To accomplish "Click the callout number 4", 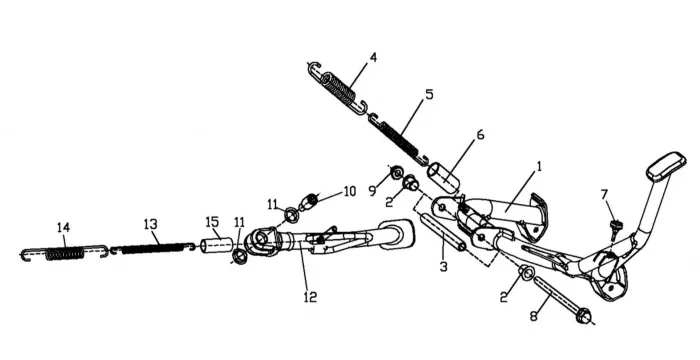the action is tap(373, 58).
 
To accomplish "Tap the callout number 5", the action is tap(429, 95).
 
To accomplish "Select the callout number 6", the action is tap(480, 134).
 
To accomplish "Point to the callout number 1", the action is tap(539, 167).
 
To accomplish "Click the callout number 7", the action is tap(604, 195).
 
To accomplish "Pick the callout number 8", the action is tap(533, 316).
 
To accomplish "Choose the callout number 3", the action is tap(443, 267).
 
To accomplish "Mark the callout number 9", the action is tap(372, 191).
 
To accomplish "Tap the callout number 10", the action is tap(350, 191).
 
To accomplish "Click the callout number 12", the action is tap(310, 297).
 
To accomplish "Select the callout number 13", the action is tap(151, 224).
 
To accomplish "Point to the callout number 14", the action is tap(64, 227).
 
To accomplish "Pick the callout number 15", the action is tap(212, 222).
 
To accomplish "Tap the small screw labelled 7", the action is tap(616, 228).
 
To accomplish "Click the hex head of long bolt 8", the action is tap(583, 315).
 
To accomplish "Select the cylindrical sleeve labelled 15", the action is tap(217, 245).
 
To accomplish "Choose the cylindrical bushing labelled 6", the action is tap(444, 178).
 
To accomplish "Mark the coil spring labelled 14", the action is tap(65, 254).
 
